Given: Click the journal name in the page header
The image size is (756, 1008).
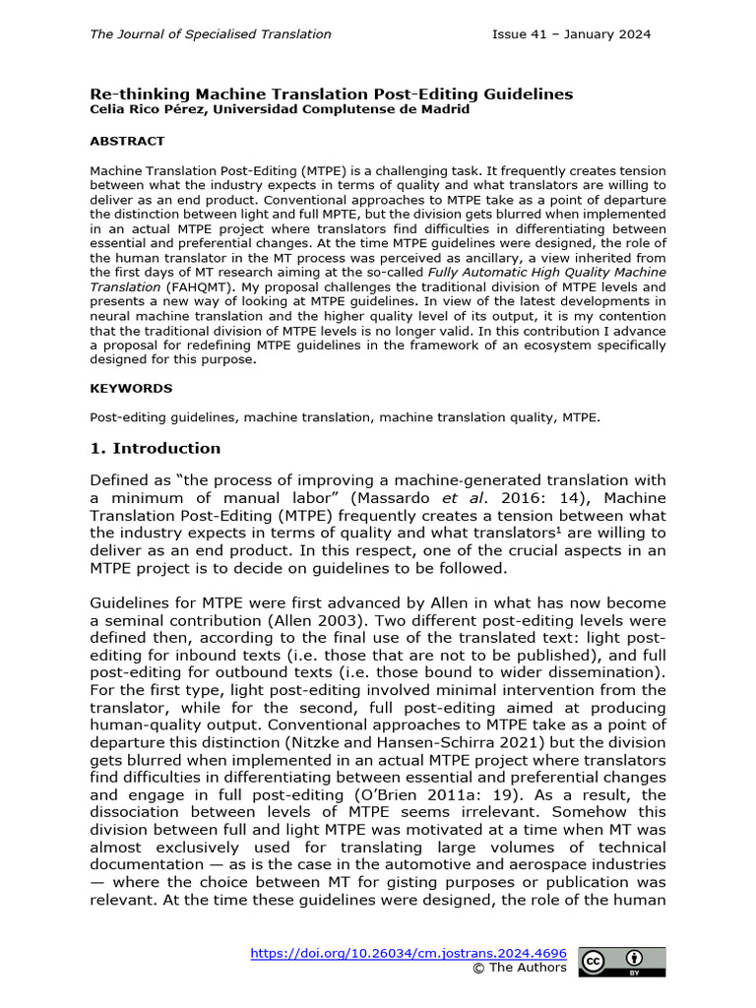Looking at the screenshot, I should (211, 34).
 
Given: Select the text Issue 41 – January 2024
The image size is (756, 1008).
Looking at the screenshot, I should (571, 34).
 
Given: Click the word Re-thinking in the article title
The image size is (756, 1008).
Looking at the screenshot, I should (131, 94).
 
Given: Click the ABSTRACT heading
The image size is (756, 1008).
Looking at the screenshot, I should (127, 142).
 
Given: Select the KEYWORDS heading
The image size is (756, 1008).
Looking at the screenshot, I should (131, 389).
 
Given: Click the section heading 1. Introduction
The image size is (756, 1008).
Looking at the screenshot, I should (156, 449).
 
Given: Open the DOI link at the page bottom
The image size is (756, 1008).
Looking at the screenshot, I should (409, 953).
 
